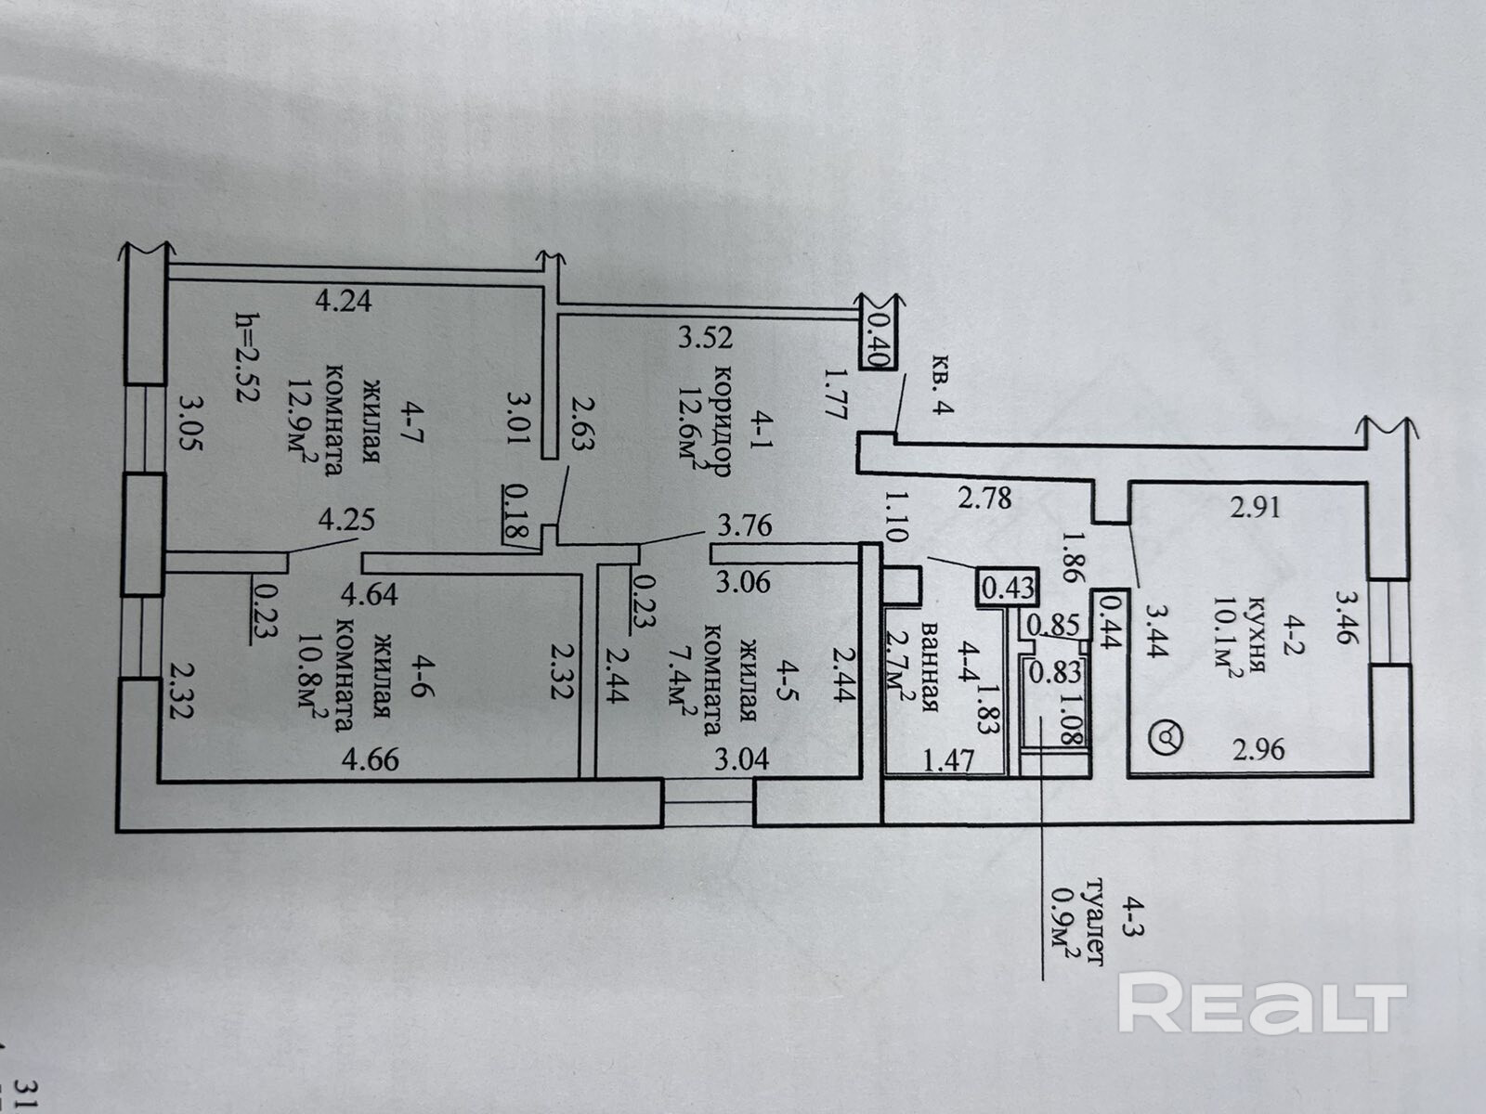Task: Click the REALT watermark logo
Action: click(x=1262, y=1004)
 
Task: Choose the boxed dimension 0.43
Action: click(x=1008, y=588)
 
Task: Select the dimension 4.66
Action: click(x=371, y=759)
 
